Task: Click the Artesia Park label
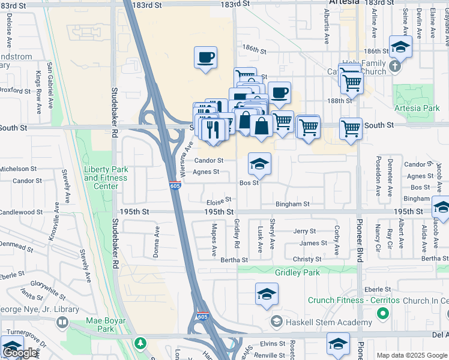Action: pyautogui.click(x=418, y=109)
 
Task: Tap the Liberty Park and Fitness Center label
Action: pyautogui.click(x=106, y=178)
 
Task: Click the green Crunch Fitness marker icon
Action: pyautogui.click(x=382, y=313)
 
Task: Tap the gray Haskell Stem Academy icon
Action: pyautogui.click(x=276, y=322)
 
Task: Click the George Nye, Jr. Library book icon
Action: pyautogui.click(x=62, y=323)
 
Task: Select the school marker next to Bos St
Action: pyautogui.click(x=259, y=164)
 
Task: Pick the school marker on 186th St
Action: pyautogui.click(x=400, y=47)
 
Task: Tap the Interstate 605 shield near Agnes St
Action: pyautogui.click(x=175, y=186)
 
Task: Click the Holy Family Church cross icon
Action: pyautogui.click(x=394, y=67)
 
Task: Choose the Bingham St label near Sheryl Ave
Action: pyautogui.click(x=292, y=204)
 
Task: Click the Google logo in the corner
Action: pyautogui.click(x=20, y=353)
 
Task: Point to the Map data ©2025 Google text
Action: pyautogui.click(x=411, y=355)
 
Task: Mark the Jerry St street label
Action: pyautogui.click(x=304, y=231)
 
